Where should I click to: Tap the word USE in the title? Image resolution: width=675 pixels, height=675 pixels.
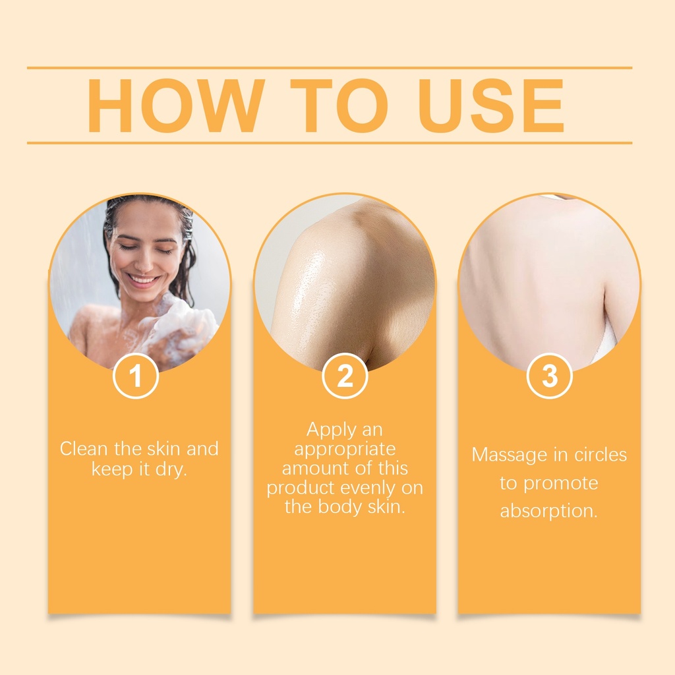tap(491, 105)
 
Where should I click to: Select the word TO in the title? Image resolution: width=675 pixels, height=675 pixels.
tap(339, 105)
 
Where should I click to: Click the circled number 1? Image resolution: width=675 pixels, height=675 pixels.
tap(136, 376)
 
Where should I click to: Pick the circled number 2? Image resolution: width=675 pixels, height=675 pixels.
tap(345, 376)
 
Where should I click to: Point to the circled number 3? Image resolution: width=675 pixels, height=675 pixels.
tap(549, 376)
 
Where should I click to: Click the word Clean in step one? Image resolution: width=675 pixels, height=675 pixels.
tap(84, 448)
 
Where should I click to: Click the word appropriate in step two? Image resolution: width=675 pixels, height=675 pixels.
tap(345, 450)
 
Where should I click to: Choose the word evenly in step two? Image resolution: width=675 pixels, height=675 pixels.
tap(368, 488)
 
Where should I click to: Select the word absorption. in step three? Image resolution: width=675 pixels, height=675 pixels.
tap(549, 511)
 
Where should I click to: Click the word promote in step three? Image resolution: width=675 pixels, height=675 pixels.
tap(561, 484)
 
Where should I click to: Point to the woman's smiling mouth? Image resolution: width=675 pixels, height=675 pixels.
tap(142, 281)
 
